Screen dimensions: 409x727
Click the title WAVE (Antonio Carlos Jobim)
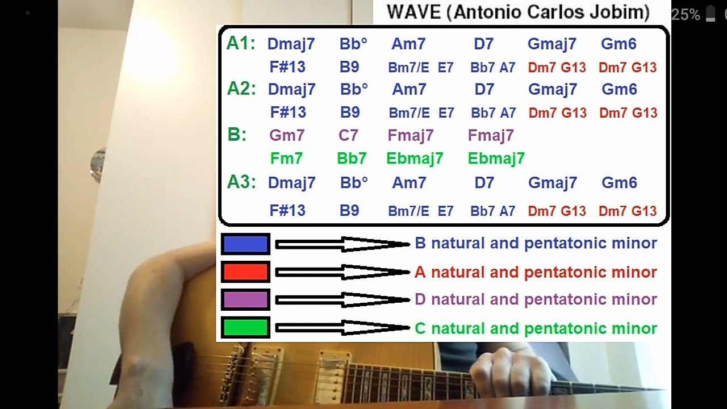518,12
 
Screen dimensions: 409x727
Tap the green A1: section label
241,44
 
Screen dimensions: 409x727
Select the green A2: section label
241,89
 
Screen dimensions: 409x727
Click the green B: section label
237,135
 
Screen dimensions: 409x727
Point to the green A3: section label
241,182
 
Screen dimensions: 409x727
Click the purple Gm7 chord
287,135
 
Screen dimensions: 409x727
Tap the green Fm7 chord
286,158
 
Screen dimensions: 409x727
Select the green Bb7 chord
352,158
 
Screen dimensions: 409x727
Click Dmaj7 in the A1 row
291,44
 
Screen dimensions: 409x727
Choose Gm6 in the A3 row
619,182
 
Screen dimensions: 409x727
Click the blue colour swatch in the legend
245,244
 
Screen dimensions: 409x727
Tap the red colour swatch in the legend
245,272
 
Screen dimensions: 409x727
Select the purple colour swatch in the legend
245,299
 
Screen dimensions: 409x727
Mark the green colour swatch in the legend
245,328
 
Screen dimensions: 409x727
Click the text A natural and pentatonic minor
536,272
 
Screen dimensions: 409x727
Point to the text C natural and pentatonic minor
536,328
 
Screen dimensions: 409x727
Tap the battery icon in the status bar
710,14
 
